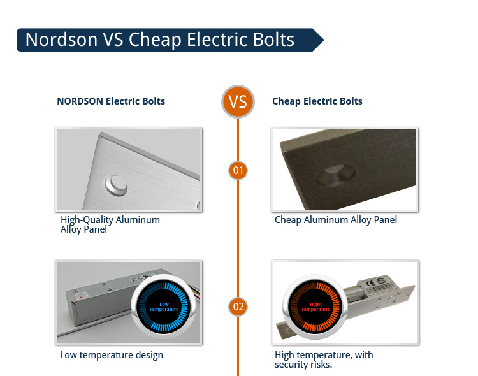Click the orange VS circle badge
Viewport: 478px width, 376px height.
pos(238,101)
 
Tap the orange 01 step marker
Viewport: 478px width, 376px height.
pos(238,170)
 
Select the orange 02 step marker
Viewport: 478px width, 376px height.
pos(238,307)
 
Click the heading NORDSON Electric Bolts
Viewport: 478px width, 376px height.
pos(111,101)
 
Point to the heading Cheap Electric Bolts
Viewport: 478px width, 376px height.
pos(317,101)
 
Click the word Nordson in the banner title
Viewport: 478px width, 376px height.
pos(61,40)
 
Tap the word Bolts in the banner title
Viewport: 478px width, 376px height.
pos(273,40)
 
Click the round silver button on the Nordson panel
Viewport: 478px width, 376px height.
pos(116,185)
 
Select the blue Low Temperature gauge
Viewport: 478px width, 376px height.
pos(164,307)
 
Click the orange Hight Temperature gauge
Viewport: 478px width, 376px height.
pos(315,307)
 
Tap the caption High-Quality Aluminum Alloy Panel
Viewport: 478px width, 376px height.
pos(110,224)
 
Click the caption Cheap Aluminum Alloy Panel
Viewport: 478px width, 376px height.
pos(336,220)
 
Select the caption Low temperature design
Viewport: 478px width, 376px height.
pos(112,355)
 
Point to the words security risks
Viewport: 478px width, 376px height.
pos(303,365)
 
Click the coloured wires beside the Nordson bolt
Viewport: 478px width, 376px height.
pos(197,291)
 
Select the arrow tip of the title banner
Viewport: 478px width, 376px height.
pos(324,40)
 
